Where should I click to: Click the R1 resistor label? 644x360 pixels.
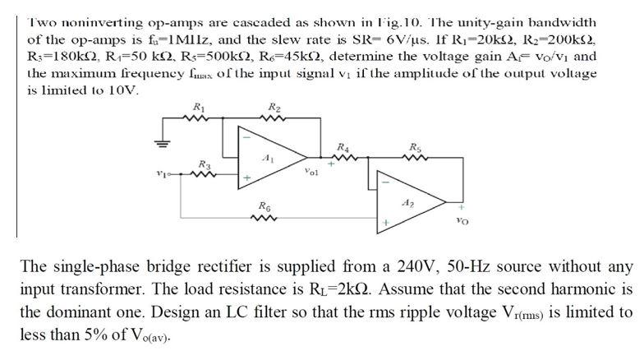[x=198, y=107]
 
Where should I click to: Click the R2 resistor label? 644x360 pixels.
[x=274, y=107]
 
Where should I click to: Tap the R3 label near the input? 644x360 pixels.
[x=204, y=164]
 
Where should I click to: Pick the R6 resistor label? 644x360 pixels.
[x=262, y=205]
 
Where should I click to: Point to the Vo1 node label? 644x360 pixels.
[x=310, y=173]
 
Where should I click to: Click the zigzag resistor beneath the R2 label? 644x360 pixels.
[x=274, y=119]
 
